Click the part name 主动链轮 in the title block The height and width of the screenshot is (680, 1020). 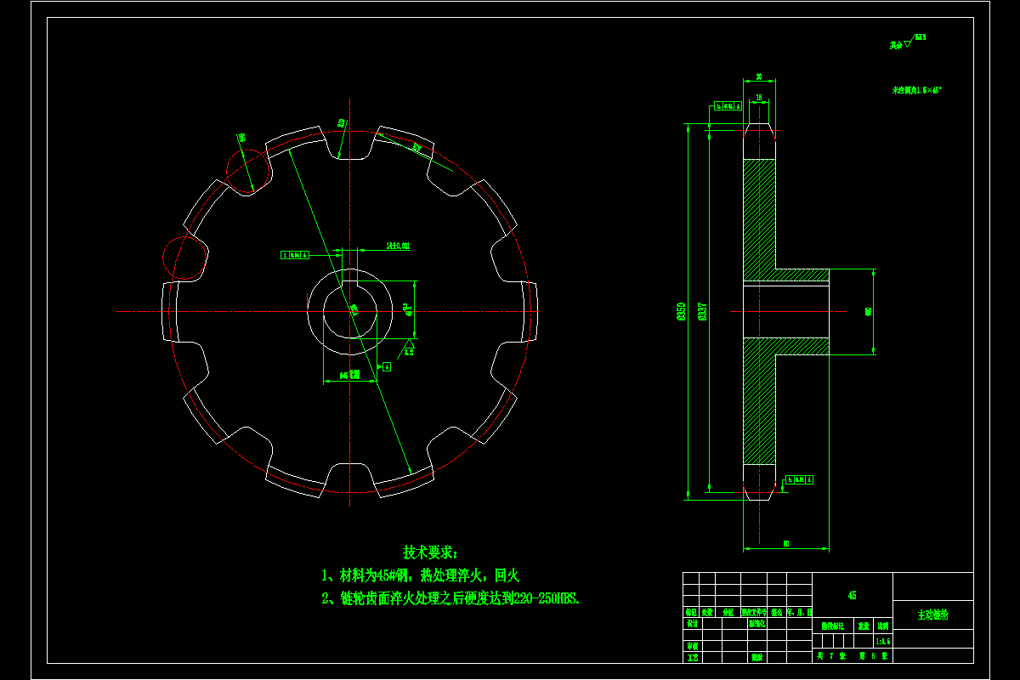tap(932, 614)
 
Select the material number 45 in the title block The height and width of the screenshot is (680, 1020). tap(853, 596)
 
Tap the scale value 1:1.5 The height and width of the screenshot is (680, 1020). tap(882, 642)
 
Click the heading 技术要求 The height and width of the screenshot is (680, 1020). tap(430, 552)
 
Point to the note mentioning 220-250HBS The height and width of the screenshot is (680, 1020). tap(450, 598)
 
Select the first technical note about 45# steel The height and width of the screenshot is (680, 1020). tap(420, 575)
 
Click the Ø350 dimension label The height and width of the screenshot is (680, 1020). tap(681, 312)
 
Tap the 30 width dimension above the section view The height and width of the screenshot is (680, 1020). tap(758, 76)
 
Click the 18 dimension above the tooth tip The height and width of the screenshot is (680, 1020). tap(758, 98)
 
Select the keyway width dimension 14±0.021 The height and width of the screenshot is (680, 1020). tap(398, 246)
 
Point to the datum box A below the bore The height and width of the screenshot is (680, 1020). tap(387, 366)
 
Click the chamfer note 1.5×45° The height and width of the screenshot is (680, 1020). tap(916, 89)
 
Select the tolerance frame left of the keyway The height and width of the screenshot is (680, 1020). tap(295, 254)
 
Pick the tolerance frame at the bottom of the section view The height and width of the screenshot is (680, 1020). tap(799, 479)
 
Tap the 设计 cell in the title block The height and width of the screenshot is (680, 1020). tap(692, 623)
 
